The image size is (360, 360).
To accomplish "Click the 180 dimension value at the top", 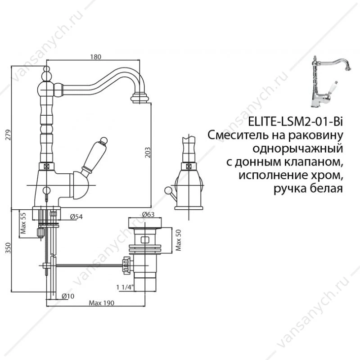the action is [x=95, y=57].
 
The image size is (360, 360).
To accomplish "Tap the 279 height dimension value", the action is [x=8, y=135].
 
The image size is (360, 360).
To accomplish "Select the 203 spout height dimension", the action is [x=148, y=153].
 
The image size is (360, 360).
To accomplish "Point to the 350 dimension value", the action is [x=8, y=248].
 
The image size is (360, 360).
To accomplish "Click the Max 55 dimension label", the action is [x=23, y=223].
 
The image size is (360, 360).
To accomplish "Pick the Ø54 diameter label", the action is [x=76, y=217].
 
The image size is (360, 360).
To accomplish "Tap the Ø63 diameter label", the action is [x=148, y=215].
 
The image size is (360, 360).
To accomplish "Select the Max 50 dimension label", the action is [x=178, y=240].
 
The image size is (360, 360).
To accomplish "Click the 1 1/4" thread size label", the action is [x=125, y=287].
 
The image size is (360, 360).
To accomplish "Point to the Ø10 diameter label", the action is [x=68, y=296].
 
